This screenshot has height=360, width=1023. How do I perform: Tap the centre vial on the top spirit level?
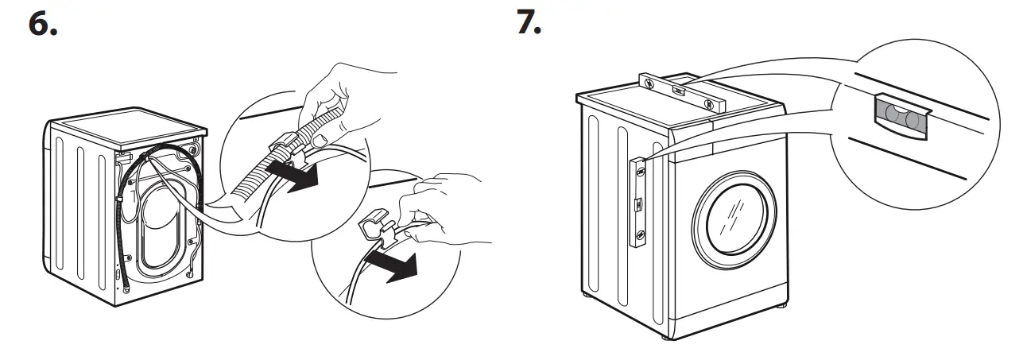676,91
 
